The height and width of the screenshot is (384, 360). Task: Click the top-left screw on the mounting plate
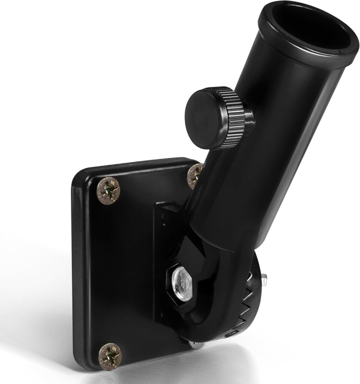[x=109, y=190]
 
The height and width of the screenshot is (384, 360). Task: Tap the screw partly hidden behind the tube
[x=194, y=175]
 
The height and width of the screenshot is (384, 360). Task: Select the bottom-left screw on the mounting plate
[x=110, y=356]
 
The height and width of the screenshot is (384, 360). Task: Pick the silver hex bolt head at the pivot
[x=180, y=279]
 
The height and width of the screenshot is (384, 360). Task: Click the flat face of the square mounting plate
[x=120, y=270]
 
